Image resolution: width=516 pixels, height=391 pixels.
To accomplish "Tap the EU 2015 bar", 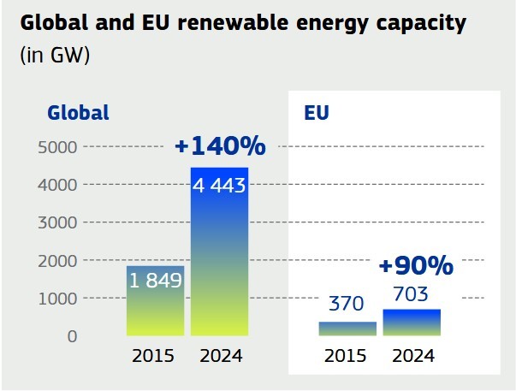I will [x=347, y=329].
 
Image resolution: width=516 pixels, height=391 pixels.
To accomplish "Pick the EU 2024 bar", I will [x=412, y=323].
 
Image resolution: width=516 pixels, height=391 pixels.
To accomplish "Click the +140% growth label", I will [x=219, y=146].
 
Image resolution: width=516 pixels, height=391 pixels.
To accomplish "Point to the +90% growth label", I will [x=415, y=266].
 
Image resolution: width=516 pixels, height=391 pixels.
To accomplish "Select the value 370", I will [x=347, y=304].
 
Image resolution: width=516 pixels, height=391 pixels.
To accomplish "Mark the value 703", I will [x=412, y=293].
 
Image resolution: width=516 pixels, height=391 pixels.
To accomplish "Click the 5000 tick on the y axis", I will [x=57, y=147].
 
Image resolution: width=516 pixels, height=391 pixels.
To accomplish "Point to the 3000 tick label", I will [x=57, y=222].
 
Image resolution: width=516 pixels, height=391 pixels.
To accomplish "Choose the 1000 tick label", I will [x=57, y=298].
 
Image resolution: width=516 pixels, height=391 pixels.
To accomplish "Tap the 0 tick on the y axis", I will [x=72, y=336].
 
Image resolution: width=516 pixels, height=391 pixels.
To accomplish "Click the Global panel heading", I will [x=78, y=112].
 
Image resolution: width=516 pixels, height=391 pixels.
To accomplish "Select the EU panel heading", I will [x=317, y=112].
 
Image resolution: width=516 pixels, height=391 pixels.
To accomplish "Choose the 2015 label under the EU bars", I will [x=347, y=356].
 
